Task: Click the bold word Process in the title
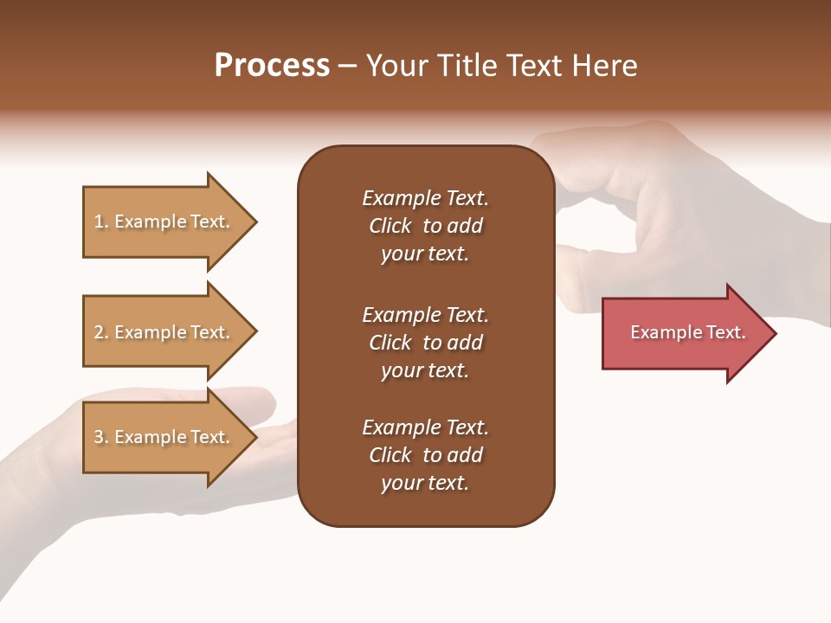pyautogui.click(x=272, y=66)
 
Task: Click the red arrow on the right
pyautogui.click(x=684, y=333)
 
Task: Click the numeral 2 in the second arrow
pyautogui.click(x=99, y=332)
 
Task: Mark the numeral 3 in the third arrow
pyautogui.click(x=99, y=437)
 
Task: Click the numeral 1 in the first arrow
pyautogui.click(x=99, y=222)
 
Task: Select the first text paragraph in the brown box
pyautogui.click(x=425, y=226)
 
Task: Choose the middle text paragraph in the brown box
pyautogui.click(x=425, y=343)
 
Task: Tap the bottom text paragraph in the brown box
pyautogui.click(x=425, y=455)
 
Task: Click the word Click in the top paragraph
pyautogui.click(x=390, y=226)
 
